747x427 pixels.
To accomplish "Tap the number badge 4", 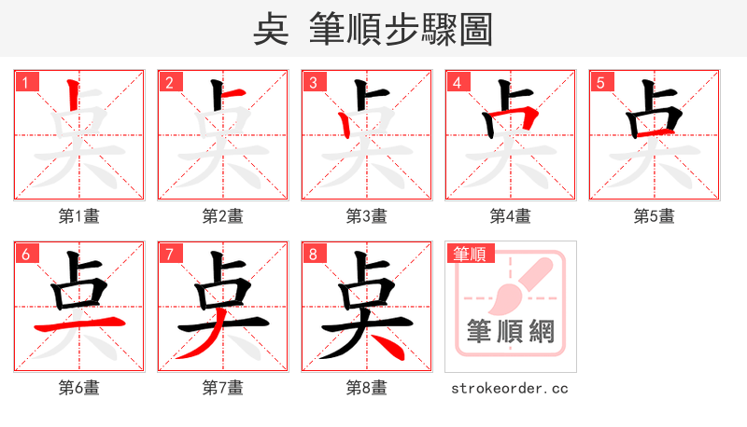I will click(457, 82).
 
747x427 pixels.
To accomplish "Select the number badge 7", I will click(169, 254).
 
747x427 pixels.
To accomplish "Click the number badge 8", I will click(313, 254).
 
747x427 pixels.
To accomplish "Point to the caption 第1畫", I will click(78, 215).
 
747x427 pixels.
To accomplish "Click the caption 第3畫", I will click(366, 215).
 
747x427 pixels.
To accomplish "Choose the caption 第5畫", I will click(654, 215).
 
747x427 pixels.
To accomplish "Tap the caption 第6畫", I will click(78, 387).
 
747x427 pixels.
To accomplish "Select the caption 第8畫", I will click(366, 387).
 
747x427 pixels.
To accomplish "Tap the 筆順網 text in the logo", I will click(510, 332).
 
